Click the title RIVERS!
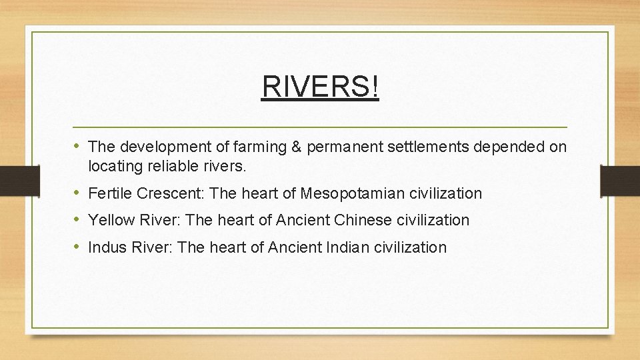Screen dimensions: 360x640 pyautogui.click(x=320, y=86)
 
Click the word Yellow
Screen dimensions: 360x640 pyautogui.click(x=109, y=220)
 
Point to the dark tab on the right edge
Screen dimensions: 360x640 pyautogui.click(x=620, y=181)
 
